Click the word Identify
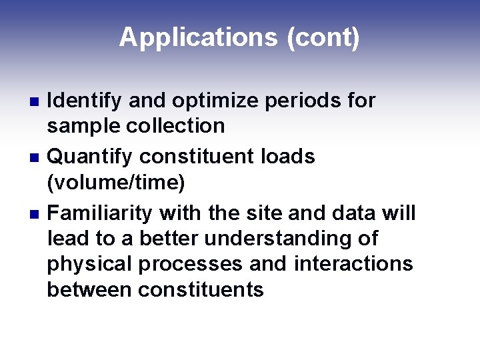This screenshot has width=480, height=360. [85, 101]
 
